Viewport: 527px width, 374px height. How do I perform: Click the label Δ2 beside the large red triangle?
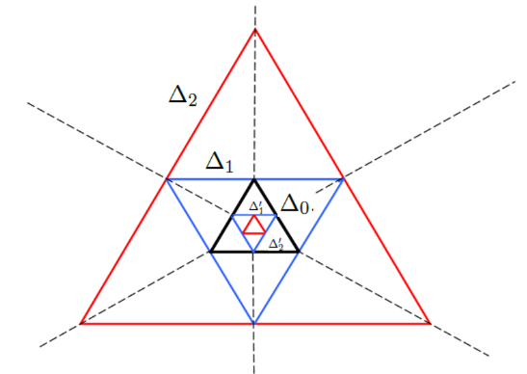[x=183, y=95]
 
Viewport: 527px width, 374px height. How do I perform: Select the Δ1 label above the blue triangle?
[x=220, y=161]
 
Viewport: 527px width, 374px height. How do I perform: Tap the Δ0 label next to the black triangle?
[x=293, y=203]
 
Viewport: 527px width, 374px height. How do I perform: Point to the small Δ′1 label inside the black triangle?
[x=255, y=206]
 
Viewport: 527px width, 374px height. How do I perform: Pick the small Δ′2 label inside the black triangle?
[x=276, y=243]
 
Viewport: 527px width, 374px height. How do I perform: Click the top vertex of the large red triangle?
[x=254, y=29]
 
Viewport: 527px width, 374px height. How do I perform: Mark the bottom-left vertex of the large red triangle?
[x=81, y=324]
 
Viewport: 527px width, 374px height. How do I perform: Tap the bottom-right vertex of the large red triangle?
[x=430, y=324]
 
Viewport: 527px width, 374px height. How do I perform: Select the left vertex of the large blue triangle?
[x=167, y=178]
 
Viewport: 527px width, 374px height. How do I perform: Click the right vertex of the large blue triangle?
[x=343, y=178]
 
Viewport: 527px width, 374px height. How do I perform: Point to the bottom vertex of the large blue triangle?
[x=254, y=324]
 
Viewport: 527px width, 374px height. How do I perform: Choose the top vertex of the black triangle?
[x=254, y=179]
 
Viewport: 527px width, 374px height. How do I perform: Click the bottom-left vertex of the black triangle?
[x=211, y=252]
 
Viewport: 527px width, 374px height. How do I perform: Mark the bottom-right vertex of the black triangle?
[x=298, y=252]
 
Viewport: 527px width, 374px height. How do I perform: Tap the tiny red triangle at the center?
[x=253, y=227]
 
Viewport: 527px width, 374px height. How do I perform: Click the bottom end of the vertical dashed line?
[x=254, y=370]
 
